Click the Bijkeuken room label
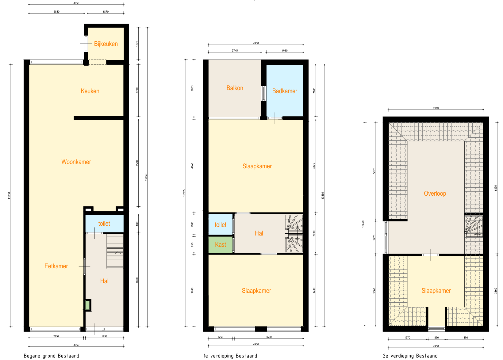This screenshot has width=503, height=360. (x=106, y=44)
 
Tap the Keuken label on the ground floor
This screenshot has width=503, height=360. (x=90, y=91)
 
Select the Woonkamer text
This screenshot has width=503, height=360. (x=76, y=162)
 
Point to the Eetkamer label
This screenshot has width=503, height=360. (x=56, y=266)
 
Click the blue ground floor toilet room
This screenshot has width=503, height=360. (x=104, y=224)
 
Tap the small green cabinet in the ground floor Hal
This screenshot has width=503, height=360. (x=87, y=305)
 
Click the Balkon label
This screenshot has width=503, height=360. (x=235, y=88)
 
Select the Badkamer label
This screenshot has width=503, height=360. (x=285, y=91)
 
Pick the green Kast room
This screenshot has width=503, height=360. (x=221, y=245)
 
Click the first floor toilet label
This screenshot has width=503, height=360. (x=220, y=225)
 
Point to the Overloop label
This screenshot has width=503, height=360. (x=435, y=193)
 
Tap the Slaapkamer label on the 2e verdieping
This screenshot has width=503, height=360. (x=436, y=291)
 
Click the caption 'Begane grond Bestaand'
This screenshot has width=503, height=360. (x=52, y=356)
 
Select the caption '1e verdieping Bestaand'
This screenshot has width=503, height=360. (x=230, y=356)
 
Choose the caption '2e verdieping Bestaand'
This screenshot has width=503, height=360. (x=410, y=356)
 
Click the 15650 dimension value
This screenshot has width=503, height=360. (x=146, y=177)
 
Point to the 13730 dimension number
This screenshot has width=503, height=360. (x=9, y=195)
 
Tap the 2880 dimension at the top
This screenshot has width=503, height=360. (x=56, y=12)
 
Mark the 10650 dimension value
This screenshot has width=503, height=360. (x=363, y=224)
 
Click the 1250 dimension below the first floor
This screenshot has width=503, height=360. (x=220, y=337)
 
